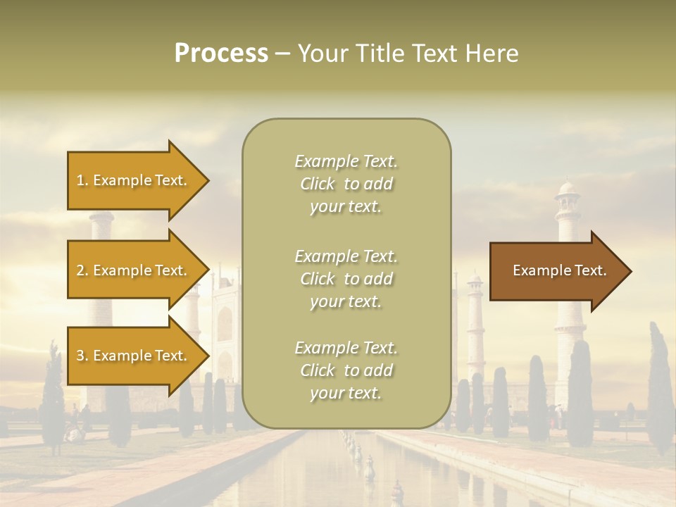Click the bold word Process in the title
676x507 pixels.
(x=221, y=54)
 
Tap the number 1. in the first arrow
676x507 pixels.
(x=82, y=180)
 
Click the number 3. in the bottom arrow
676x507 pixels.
(x=82, y=356)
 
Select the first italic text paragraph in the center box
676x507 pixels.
(x=346, y=184)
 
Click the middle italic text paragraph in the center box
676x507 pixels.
(x=346, y=279)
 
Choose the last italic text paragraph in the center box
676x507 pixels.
(x=346, y=370)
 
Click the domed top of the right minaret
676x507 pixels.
(x=567, y=189)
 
